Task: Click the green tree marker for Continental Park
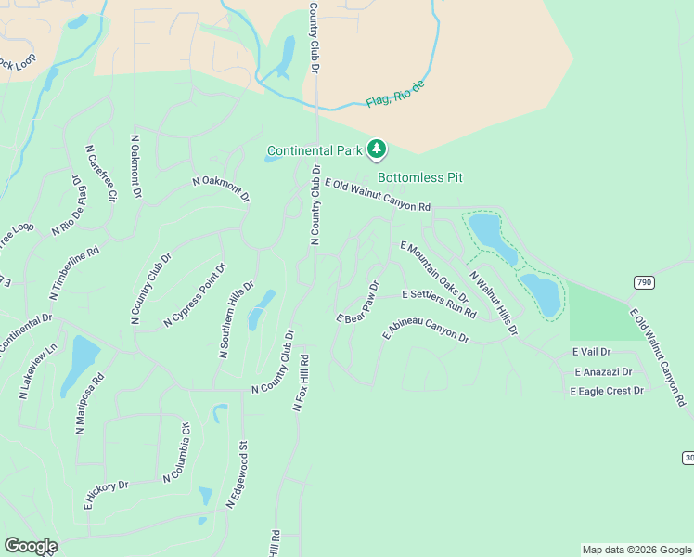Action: coord(377,149)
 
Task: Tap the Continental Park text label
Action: coord(315,150)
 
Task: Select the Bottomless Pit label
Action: coord(419,177)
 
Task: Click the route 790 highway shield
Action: coord(645,281)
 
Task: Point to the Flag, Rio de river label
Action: coord(395,93)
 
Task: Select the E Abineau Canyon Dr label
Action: coord(426,334)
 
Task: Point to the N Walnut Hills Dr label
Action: coord(493,303)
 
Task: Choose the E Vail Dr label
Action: coord(591,352)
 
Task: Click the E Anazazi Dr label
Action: coord(602,371)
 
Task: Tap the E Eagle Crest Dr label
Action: coord(607,391)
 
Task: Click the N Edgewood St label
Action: coord(237,474)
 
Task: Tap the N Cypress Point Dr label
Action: coord(195,296)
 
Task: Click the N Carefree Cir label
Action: coord(101,174)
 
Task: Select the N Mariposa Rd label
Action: coord(91,405)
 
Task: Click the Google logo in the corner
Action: coord(30,546)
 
